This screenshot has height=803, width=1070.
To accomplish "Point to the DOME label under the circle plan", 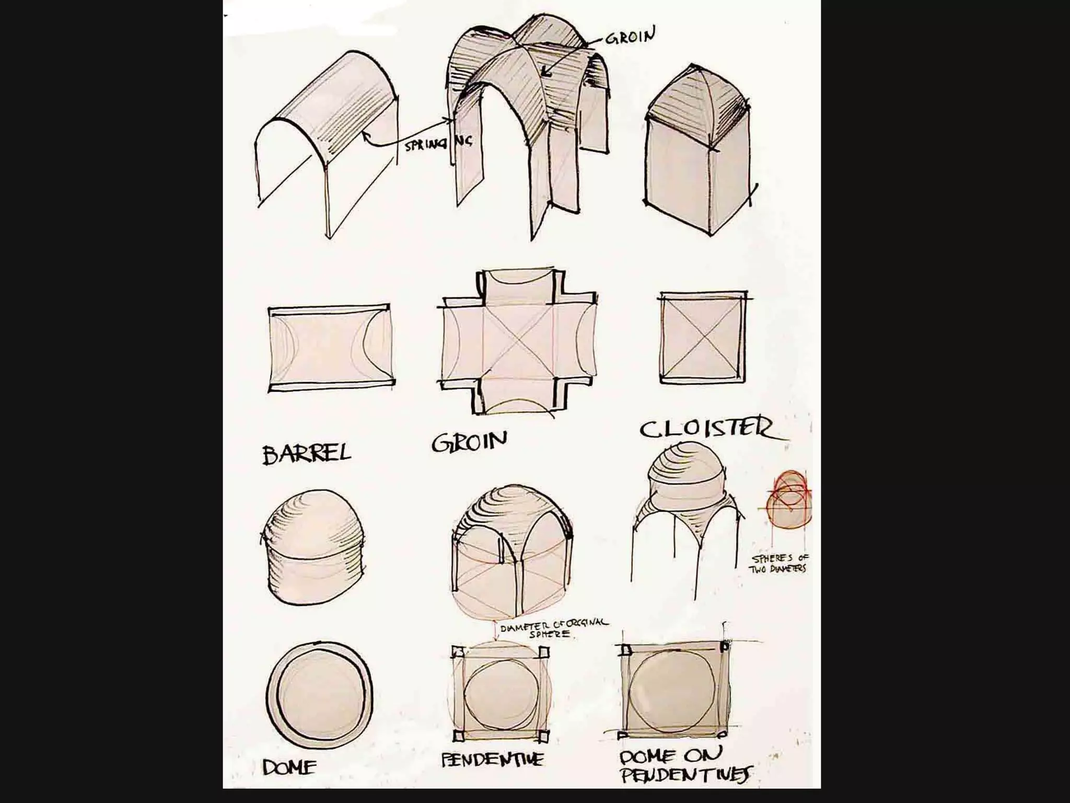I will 289,767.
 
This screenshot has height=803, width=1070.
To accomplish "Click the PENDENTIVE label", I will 492,759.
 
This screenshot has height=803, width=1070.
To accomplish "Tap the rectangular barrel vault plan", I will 331,347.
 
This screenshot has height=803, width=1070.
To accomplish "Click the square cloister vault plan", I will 703,337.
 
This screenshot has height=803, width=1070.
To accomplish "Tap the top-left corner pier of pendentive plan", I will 458,652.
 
